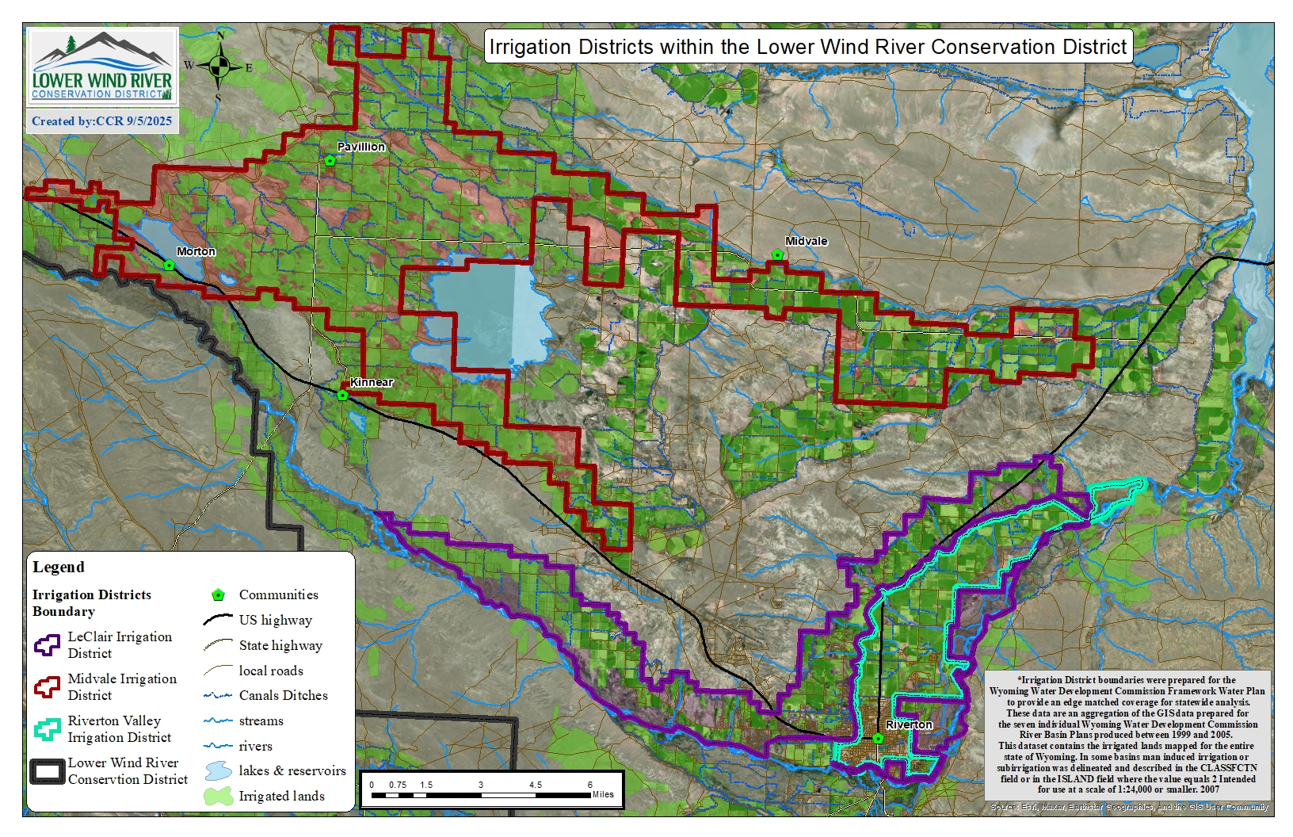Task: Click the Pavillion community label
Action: (x=360, y=147)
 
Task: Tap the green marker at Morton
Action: (x=169, y=266)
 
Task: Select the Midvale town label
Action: (x=806, y=241)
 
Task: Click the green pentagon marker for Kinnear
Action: (x=342, y=395)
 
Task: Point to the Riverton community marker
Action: (x=878, y=739)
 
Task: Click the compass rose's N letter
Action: (x=220, y=36)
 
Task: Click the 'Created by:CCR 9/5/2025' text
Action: (x=101, y=121)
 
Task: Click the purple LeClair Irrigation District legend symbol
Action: (x=47, y=644)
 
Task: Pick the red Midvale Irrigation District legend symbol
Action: (x=47, y=686)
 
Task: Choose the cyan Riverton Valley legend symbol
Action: (x=47, y=728)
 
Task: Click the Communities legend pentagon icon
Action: (x=218, y=595)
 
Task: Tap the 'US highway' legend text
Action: (x=275, y=620)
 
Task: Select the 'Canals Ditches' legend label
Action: (x=283, y=695)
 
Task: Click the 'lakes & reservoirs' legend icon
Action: (x=218, y=770)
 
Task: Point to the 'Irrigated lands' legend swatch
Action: (x=218, y=796)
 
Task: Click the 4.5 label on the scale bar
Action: (x=536, y=785)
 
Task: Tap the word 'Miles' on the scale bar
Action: (x=602, y=794)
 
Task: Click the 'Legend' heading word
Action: (x=58, y=567)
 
